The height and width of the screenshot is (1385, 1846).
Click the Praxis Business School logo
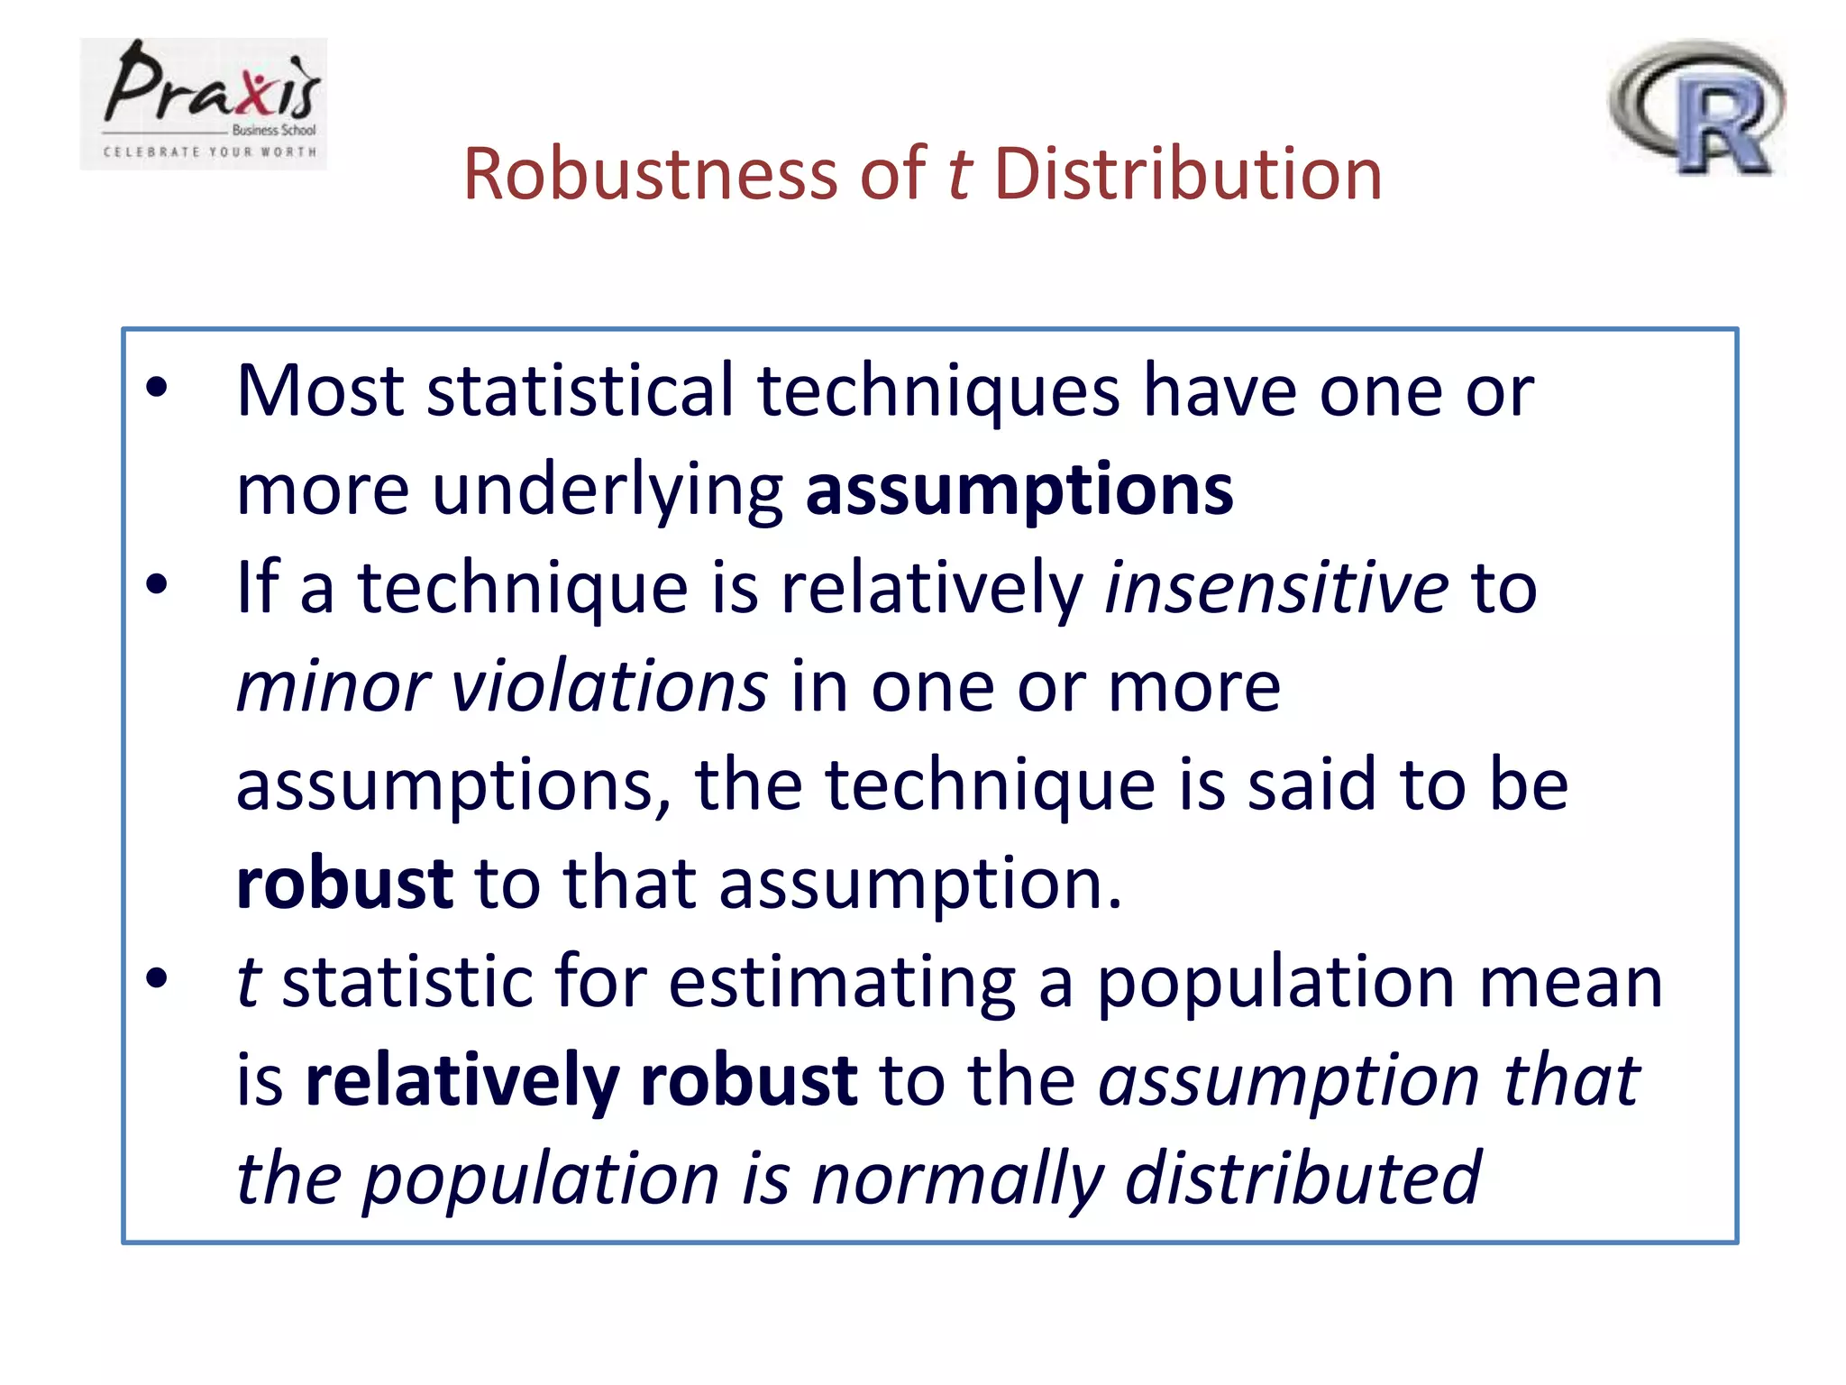(204, 103)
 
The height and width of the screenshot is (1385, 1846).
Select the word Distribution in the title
(1188, 173)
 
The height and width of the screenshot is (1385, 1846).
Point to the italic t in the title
(959, 173)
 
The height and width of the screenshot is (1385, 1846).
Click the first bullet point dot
(157, 388)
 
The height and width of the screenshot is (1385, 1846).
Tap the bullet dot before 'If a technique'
(157, 584)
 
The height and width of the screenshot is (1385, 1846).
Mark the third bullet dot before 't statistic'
(157, 978)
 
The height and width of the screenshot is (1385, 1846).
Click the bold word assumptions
(1019, 491)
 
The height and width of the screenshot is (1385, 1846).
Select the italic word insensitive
(1276, 587)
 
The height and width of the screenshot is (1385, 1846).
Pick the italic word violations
(609, 686)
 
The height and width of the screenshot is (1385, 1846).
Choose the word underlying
(608, 491)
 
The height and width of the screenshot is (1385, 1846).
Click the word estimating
(842, 982)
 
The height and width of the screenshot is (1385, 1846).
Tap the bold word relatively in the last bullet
(462, 1079)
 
